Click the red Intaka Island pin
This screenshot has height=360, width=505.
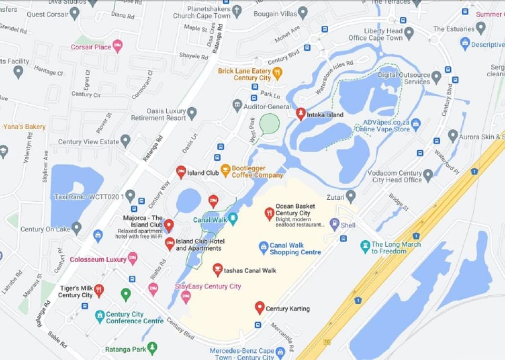click(x=300, y=113)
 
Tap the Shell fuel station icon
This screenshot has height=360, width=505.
click(x=334, y=224)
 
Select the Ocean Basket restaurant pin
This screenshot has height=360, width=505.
click(x=269, y=213)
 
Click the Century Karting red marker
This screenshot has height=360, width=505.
click(x=259, y=307)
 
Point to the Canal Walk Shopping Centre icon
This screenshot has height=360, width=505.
click(x=264, y=247)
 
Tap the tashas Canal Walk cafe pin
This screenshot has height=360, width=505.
click(x=217, y=270)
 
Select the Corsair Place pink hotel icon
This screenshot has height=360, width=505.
click(x=117, y=46)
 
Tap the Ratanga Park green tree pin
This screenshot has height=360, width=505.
click(x=152, y=347)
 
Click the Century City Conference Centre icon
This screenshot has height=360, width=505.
click(x=99, y=316)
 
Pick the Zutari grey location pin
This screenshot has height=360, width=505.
click(x=350, y=196)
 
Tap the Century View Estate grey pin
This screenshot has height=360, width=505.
click(x=125, y=140)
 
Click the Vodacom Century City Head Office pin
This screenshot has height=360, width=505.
click(x=428, y=175)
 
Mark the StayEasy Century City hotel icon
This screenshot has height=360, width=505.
click(x=185, y=296)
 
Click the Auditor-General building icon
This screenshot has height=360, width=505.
click(x=237, y=105)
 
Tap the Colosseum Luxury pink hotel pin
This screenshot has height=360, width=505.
click(x=133, y=258)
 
